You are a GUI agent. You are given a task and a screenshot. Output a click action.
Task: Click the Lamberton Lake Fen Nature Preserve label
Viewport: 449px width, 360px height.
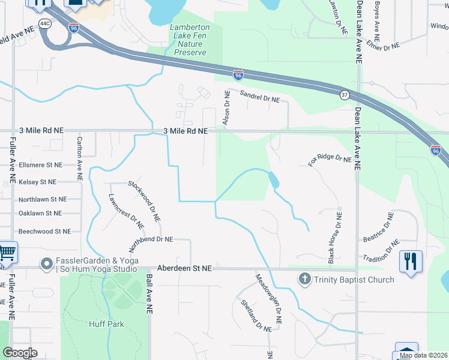[190, 40]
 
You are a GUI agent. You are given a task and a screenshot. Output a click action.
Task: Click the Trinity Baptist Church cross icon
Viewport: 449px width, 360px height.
[305, 279]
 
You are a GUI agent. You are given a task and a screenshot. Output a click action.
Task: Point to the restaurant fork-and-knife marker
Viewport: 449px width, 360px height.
[411, 262]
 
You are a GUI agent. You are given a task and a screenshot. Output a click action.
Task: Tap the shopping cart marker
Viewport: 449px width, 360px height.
[7, 253]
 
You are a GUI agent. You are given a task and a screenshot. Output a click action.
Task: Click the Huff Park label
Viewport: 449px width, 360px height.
[106, 324]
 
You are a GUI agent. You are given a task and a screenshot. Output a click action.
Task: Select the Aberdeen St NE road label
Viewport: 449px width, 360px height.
[184, 269]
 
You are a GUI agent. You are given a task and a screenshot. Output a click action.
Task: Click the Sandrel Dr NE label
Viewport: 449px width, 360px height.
[259, 97]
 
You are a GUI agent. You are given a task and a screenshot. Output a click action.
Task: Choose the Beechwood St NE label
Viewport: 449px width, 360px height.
[44, 231]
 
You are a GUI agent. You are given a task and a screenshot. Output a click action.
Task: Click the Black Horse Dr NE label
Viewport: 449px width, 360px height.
[334, 235]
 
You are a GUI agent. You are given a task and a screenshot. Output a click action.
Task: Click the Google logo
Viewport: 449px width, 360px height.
[20, 352]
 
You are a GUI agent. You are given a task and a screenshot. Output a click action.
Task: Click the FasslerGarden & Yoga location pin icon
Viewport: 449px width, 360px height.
[46, 264]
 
